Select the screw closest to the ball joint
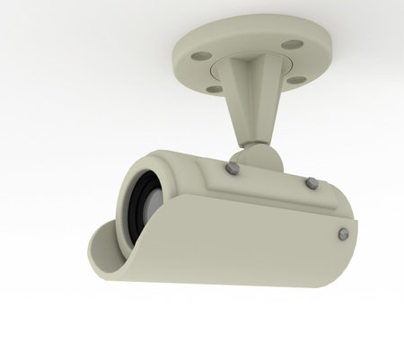[232, 168]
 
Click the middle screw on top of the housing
[311, 182]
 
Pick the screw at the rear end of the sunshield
[342, 234]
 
